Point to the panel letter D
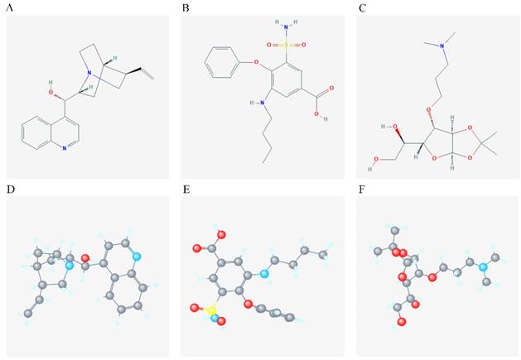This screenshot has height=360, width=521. click(10, 190)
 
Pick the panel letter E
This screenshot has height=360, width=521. click(186, 190)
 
